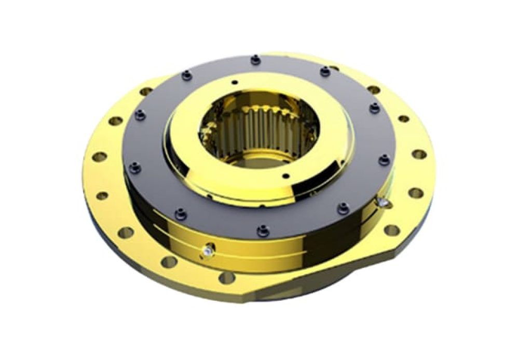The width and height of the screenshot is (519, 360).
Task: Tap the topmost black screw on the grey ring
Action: [255, 60]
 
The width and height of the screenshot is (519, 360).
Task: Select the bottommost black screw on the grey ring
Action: [264, 229]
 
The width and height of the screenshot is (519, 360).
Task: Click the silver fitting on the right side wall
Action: [384, 201]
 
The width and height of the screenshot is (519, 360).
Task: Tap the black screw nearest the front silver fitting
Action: [181, 212]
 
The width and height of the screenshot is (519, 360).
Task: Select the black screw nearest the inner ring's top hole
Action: [185, 76]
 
